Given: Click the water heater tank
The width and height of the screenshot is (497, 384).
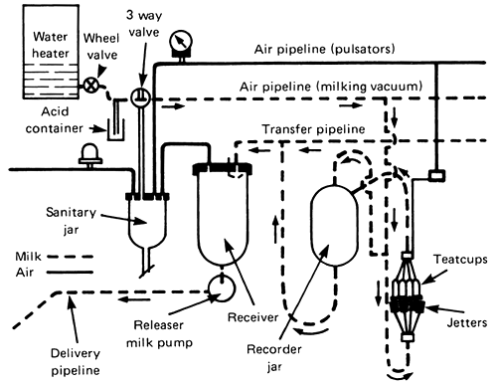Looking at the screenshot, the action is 51,52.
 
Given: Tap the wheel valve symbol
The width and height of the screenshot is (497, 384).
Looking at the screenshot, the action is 90,86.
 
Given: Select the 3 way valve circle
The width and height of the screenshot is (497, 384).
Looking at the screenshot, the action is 140,97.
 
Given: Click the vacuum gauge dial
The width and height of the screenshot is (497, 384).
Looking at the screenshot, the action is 181,42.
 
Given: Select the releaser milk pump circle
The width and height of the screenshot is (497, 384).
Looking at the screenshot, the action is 222,288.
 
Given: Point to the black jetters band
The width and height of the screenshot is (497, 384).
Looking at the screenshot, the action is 408,304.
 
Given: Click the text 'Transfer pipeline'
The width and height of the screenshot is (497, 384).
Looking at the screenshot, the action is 313,129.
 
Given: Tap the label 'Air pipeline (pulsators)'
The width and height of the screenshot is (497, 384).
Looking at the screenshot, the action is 325,49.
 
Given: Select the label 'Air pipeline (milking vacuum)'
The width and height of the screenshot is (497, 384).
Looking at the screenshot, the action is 331,87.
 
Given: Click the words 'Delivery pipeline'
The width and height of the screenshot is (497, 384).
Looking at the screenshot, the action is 76,362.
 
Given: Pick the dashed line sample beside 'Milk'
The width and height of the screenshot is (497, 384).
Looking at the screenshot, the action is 70,257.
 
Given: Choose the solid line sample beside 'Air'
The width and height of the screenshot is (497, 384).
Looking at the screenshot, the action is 70,273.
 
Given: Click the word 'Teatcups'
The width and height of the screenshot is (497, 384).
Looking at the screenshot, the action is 460,259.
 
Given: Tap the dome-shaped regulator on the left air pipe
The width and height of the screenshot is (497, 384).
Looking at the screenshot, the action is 89,155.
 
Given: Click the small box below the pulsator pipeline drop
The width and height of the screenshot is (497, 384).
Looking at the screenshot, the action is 436,175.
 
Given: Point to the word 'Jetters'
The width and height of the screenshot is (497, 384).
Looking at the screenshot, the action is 467,322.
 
